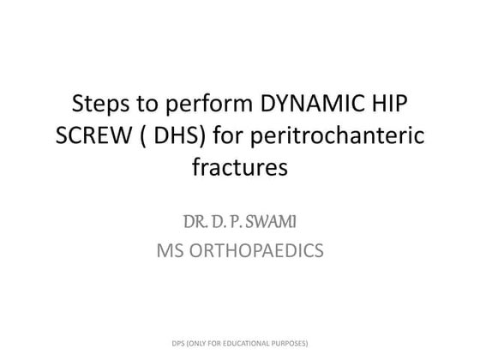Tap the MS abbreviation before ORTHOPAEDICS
point(169,252)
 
